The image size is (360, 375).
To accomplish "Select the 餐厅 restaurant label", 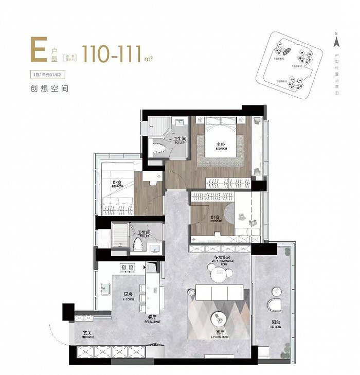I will (152, 319).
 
